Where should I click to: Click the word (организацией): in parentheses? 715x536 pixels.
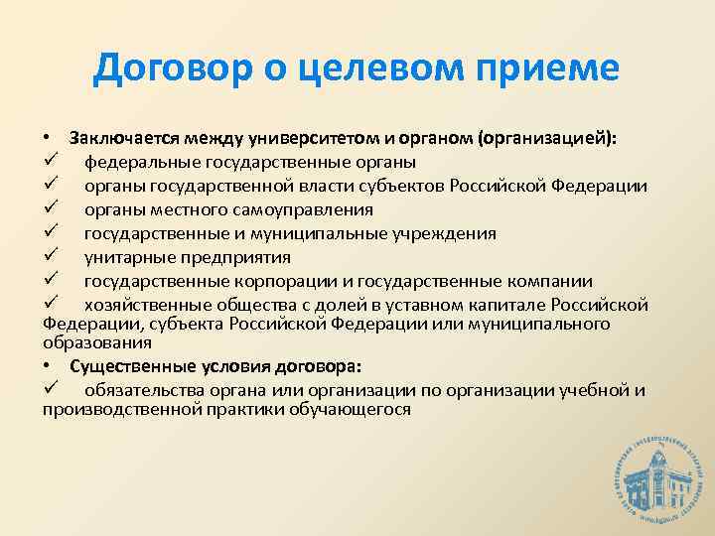[x=546, y=138]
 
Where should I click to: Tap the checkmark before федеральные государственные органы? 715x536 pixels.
[x=51, y=161]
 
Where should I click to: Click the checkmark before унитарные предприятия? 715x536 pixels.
[x=51, y=256]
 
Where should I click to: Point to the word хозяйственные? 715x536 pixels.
[x=142, y=305]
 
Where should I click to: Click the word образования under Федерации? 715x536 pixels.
[x=97, y=342]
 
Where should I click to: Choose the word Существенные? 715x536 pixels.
[x=125, y=365]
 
